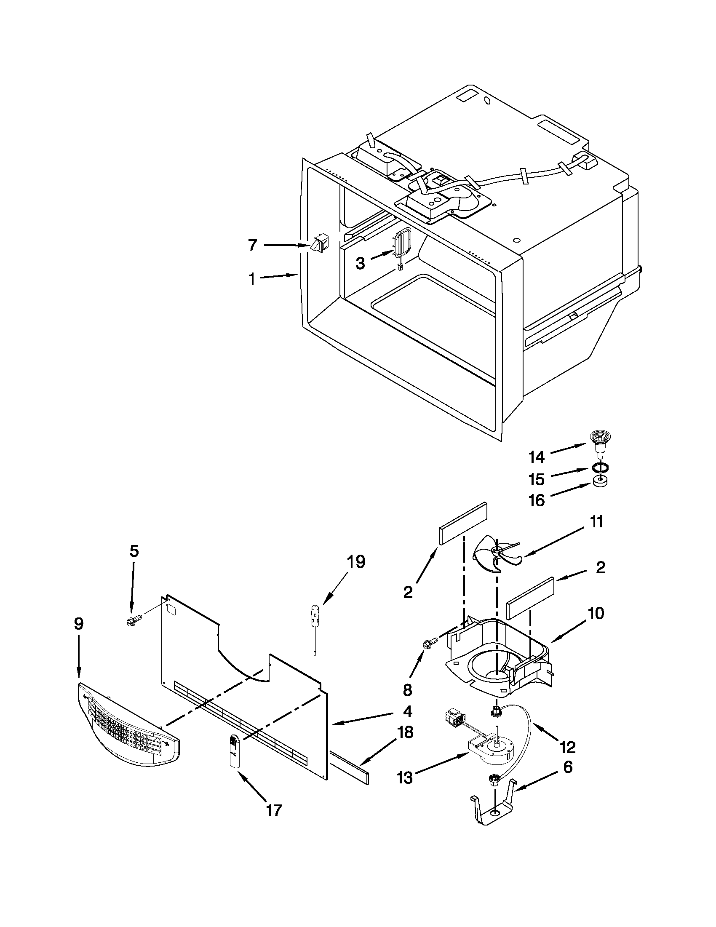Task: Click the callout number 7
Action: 253,245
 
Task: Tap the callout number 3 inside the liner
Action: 360,263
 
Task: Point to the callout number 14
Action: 537,457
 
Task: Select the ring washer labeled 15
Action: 599,468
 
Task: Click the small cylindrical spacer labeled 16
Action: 599,482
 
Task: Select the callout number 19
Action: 355,561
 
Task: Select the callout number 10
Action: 597,613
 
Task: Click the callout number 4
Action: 407,711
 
